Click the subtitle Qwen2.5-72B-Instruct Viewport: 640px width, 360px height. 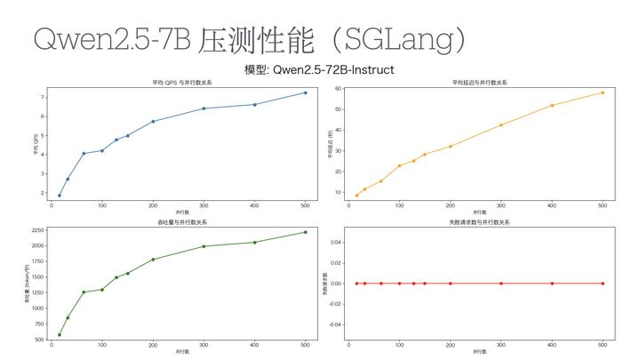(319, 69)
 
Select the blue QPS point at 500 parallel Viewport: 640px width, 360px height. (305, 92)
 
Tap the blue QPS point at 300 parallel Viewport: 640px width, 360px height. (204, 108)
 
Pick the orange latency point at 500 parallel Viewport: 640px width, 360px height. (603, 92)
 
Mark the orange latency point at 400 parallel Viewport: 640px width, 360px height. (552, 105)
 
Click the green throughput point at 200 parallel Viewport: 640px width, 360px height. (153, 260)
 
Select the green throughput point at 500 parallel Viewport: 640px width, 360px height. (305, 232)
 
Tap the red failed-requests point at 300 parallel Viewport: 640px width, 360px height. (501, 284)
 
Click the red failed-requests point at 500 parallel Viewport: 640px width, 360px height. (603, 284)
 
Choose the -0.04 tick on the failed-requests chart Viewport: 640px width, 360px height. (334, 324)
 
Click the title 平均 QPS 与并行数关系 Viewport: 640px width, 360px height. (176, 83)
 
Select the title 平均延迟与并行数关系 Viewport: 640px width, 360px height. (479, 83)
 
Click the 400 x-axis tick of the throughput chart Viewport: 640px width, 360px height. (254, 345)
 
